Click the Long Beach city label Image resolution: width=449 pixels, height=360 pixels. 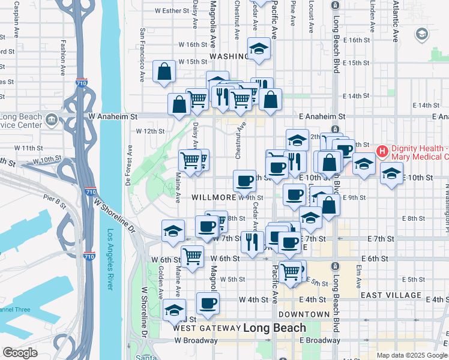click(x=274, y=328)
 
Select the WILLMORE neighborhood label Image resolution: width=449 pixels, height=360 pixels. click(x=213, y=197)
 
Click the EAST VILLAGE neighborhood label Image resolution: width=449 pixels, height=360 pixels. click(x=391, y=295)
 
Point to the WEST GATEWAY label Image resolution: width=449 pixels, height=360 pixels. click(x=206, y=328)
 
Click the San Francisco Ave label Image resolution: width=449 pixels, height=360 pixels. click(x=142, y=54)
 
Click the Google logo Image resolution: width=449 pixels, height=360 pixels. click(x=20, y=353)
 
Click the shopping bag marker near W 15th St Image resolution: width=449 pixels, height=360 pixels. click(x=164, y=71)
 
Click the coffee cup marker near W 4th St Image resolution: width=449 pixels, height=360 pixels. click(x=208, y=303)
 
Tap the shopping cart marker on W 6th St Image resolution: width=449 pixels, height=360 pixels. click(x=192, y=256)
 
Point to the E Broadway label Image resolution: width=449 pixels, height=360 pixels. click(x=319, y=340)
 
